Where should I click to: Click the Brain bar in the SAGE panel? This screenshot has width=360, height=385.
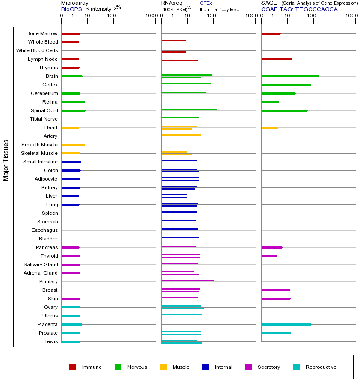point(290,76)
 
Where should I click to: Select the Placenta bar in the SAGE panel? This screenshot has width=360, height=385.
point(286,324)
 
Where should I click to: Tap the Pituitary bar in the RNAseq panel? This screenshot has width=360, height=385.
point(187,280)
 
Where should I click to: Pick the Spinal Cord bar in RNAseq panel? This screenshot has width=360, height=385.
point(189,109)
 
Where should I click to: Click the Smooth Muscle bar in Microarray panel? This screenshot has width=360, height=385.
point(73,145)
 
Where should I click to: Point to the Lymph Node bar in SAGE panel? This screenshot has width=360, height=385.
point(276,59)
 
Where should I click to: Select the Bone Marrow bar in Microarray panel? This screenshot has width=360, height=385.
point(71,33)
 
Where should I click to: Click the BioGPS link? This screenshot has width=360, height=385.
point(71,9)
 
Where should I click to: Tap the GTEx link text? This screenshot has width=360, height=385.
point(206,3)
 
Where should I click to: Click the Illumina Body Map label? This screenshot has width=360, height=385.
point(219,9)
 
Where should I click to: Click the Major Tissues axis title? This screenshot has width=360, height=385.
point(6,160)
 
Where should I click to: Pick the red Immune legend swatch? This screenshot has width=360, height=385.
point(73,367)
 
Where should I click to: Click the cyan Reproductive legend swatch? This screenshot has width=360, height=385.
point(296,367)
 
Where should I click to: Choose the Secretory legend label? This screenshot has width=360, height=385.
point(269,367)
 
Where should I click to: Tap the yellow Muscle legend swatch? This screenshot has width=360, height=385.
point(163,367)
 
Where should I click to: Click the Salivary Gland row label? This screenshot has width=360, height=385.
point(41,264)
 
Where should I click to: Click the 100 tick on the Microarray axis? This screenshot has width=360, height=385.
point(112,16)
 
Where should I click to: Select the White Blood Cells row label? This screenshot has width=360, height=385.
point(37,50)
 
